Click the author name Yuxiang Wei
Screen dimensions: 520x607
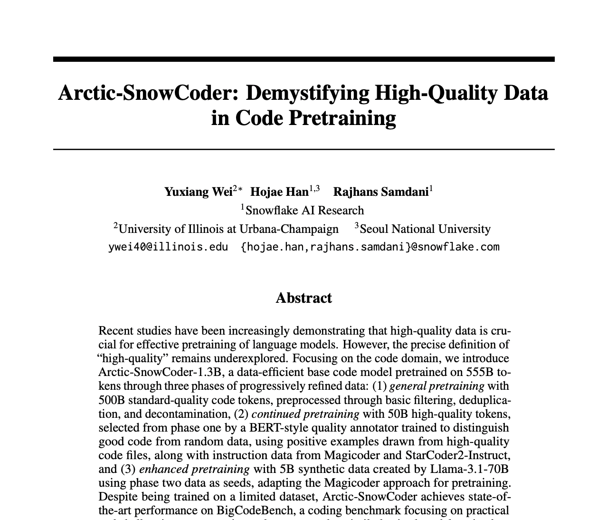tap(199, 192)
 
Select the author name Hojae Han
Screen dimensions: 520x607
tap(279, 192)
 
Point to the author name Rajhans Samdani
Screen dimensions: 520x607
tap(381, 192)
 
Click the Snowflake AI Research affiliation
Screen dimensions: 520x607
tap(304, 210)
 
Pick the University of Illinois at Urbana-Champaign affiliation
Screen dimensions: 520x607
tap(228, 229)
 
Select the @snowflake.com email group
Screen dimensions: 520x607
tap(370, 247)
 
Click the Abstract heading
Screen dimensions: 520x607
tap(303, 298)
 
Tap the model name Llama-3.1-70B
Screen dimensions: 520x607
tap(469, 469)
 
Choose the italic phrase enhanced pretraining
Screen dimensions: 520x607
tap(194, 469)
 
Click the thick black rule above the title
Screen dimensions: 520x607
tap(303, 59)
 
